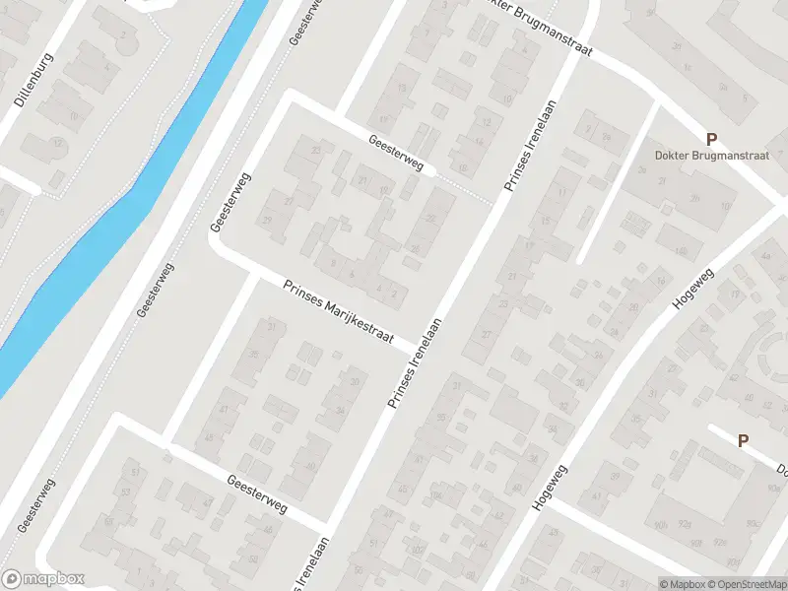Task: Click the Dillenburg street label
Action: coord(34,79)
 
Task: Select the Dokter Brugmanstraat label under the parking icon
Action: coord(710,155)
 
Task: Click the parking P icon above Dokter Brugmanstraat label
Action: coord(710,138)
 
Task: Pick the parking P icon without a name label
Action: coord(743,441)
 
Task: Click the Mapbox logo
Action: coord(43,579)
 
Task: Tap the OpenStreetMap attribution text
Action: coord(746,583)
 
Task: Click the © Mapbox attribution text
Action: coord(682,583)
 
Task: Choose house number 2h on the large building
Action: coord(695,197)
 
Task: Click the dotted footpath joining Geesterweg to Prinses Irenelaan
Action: coord(463,187)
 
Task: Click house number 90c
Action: coord(754,523)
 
